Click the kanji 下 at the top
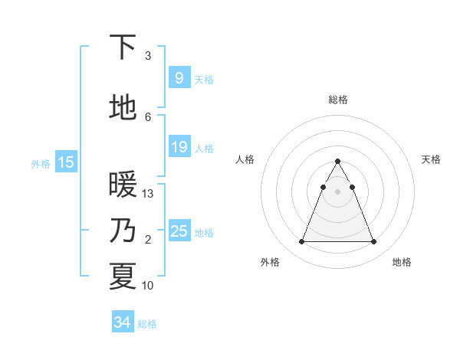coord(123,47)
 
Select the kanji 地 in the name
coord(123,108)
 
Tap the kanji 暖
coord(123,185)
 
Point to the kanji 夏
coord(123,276)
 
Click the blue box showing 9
coord(178,77)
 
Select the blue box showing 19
coord(178,147)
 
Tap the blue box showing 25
coord(178,231)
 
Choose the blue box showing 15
coord(65,162)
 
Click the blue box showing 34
coord(122,322)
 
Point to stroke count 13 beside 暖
coord(148,194)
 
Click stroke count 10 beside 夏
coord(148,285)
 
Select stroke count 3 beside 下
coord(148,56)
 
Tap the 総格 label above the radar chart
coord(337,100)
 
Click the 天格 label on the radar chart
coord(431,159)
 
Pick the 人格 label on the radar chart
coord(245,159)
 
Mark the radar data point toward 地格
coord(374,242)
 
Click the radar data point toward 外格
coord(301,242)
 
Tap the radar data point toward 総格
coord(337,162)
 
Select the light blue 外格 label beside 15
coord(41,163)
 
